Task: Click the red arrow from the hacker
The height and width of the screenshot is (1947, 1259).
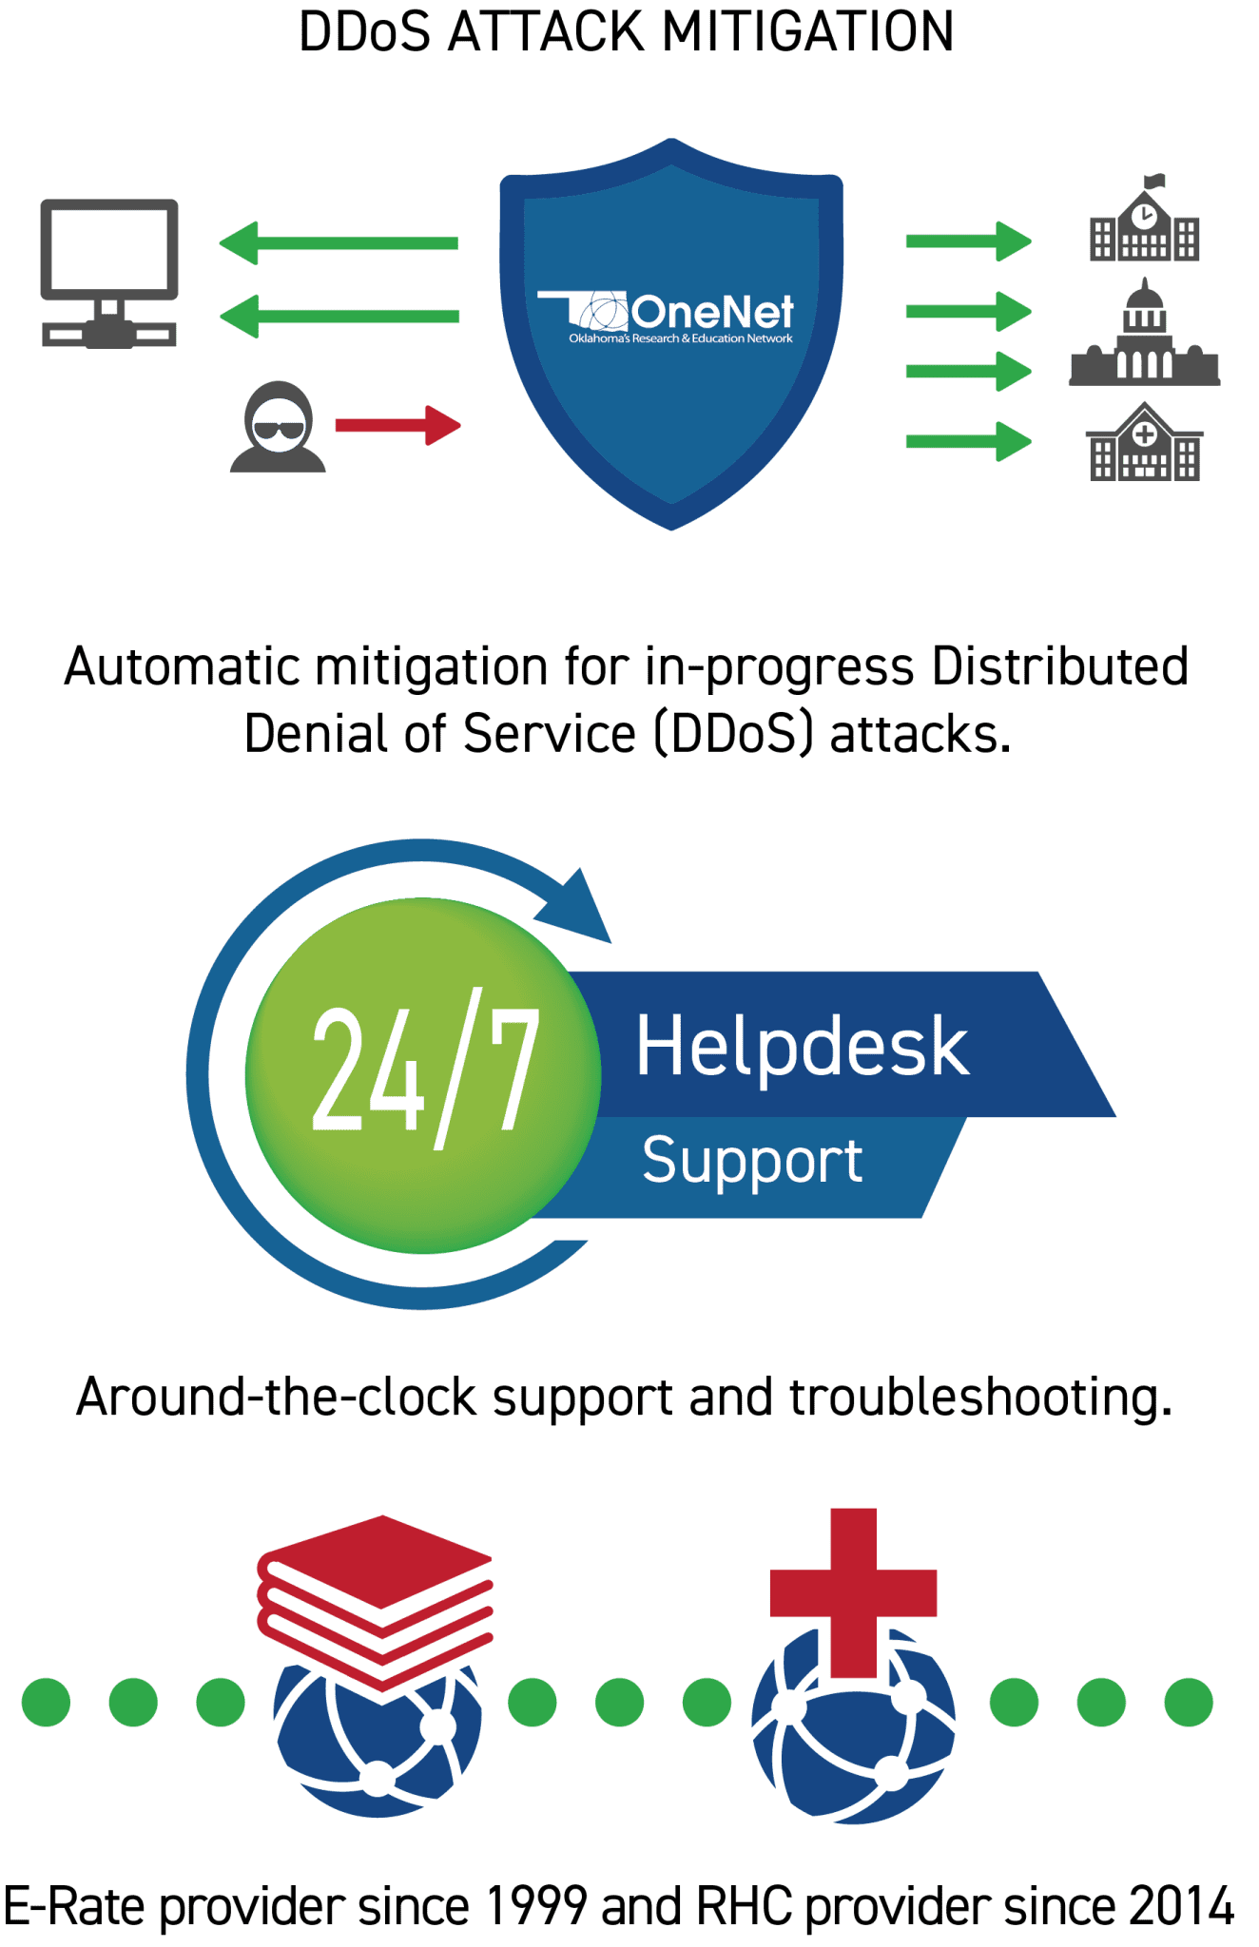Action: [398, 425]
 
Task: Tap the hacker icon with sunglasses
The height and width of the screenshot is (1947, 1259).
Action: [278, 427]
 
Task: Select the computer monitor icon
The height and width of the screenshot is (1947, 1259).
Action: [109, 273]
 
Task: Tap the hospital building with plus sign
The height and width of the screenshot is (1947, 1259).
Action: [1144, 441]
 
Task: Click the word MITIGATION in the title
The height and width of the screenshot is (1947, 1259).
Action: [807, 31]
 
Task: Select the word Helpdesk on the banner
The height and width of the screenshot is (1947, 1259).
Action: [803, 1046]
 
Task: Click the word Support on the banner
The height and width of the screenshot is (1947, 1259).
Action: [752, 1161]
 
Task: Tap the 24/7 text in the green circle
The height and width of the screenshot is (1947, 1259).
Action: [426, 1069]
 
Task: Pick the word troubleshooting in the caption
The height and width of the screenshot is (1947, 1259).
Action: [980, 1398]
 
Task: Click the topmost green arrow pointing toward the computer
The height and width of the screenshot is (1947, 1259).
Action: [339, 243]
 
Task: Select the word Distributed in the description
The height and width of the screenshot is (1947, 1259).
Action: [1060, 665]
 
